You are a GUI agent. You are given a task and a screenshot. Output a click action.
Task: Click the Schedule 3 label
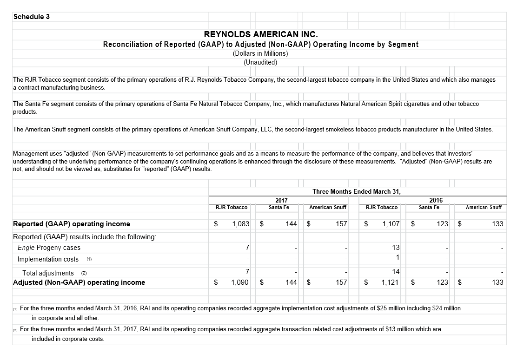(x=32, y=17)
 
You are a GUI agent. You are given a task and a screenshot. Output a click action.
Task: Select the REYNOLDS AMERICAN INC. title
(x=260, y=34)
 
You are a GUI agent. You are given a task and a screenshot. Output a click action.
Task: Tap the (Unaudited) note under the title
(x=260, y=62)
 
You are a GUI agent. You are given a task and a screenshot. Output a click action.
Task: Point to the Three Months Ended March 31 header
(x=357, y=191)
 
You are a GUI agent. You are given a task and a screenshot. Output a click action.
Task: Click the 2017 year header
(x=275, y=200)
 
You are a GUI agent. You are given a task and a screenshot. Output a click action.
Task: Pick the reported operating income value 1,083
(x=241, y=224)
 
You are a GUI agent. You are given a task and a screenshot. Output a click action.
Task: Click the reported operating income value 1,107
(x=391, y=224)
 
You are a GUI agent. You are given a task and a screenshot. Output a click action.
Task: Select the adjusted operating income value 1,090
(x=241, y=282)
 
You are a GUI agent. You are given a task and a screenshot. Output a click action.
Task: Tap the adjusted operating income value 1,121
(x=391, y=282)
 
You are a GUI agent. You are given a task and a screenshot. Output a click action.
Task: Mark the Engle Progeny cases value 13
(x=396, y=248)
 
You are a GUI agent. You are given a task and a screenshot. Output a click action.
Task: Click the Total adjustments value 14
(x=396, y=272)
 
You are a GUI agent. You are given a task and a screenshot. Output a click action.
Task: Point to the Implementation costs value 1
(x=398, y=258)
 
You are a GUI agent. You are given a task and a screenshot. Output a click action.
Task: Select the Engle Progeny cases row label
(x=49, y=248)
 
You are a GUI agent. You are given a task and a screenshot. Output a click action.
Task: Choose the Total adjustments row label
(x=48, y=273)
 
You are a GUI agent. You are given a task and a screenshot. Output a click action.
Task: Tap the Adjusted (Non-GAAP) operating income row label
(x=79, y=282)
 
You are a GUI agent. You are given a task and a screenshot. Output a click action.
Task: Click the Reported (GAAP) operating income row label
(x=72, y=224)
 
